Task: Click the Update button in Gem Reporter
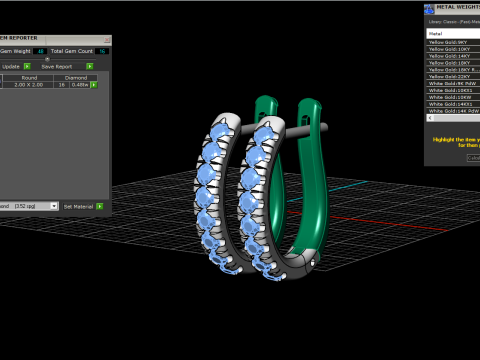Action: tap(10, 66)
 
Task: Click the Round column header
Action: tap(29, 76)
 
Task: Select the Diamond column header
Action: tap(76, 76)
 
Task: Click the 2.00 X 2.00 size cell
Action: tap(29, 84)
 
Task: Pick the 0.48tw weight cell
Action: tap(79, 84)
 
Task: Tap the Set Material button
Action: tap(78, 206)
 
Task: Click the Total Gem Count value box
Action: tap(102, 50)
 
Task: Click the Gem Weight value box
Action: tap(40, 50)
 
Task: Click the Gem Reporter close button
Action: tap(106, 39)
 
